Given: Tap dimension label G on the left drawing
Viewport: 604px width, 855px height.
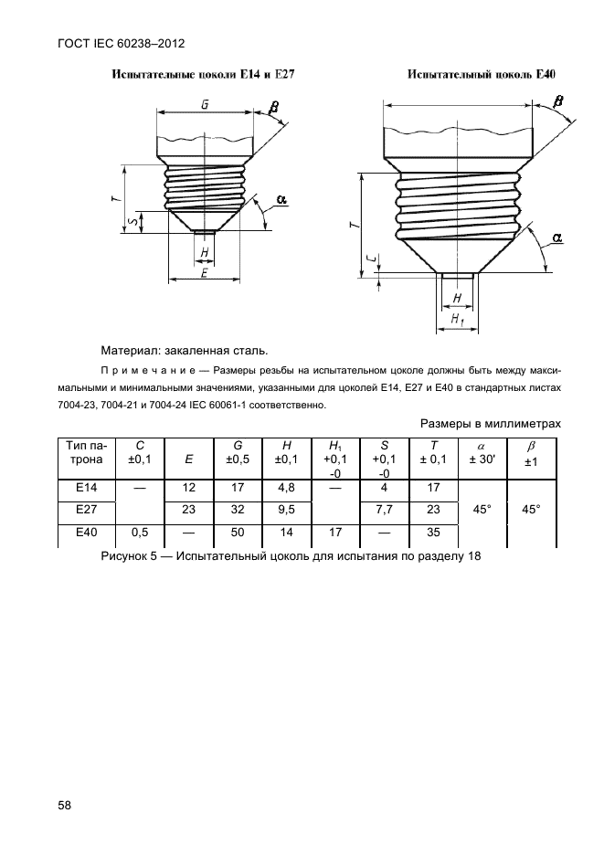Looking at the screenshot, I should pos(205,104).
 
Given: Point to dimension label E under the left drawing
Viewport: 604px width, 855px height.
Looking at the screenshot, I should pos(205,273).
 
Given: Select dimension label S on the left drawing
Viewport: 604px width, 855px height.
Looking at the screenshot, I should pos(133,222).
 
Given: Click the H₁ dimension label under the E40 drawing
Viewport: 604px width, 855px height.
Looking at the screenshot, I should pos(457,320).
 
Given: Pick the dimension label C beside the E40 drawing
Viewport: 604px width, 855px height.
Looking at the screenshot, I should pos(369,261).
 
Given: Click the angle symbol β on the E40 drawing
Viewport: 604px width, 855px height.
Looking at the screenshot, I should pos(558,101).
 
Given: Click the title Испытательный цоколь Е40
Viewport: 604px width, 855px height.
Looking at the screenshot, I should pos(482,73).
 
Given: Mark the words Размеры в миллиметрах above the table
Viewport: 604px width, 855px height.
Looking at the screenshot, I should pos(490,424).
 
